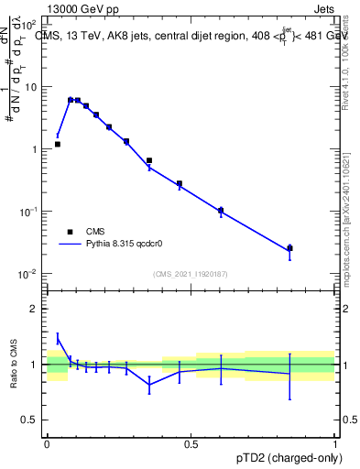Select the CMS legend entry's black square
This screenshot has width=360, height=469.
pyautogui.click(x=70, y=232)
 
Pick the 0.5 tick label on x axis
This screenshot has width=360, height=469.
pyautogui.click(x=191, y=443)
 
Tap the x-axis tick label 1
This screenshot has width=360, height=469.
pyautogui.click(x=334, y=443)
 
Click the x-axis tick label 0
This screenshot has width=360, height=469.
pyautogui.click(x=47, y=443)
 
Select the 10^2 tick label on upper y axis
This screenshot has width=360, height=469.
pyautogui.click(x=29, y=24)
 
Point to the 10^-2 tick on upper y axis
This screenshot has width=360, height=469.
pyautogui.click(x=29, y=274)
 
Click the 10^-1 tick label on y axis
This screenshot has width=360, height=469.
pyautogui.click(x=29, y=212)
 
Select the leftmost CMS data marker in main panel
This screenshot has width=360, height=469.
pyautogui.click(x=58, y=144)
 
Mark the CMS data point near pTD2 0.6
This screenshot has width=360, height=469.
pyautogui.click(x=221, y=210)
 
